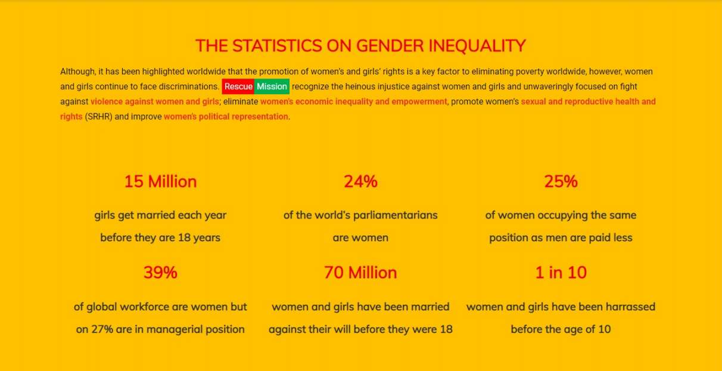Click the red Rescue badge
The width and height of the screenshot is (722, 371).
238,86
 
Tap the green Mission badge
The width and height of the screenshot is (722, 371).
272,86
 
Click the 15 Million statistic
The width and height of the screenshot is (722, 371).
160,182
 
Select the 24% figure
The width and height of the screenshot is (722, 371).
360,182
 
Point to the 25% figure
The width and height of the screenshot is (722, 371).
561,182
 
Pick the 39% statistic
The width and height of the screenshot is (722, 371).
160,273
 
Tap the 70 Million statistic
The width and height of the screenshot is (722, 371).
360,273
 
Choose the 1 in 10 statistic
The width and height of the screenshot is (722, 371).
561,273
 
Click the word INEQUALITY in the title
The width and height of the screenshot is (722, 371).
477,46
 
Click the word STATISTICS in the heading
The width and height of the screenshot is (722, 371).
277,46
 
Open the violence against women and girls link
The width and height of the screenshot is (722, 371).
155,101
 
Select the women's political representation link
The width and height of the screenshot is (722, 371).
226,117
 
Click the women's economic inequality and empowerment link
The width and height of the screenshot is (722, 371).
354,101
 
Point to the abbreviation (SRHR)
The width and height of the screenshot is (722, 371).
98,117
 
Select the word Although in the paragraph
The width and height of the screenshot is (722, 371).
78,71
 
